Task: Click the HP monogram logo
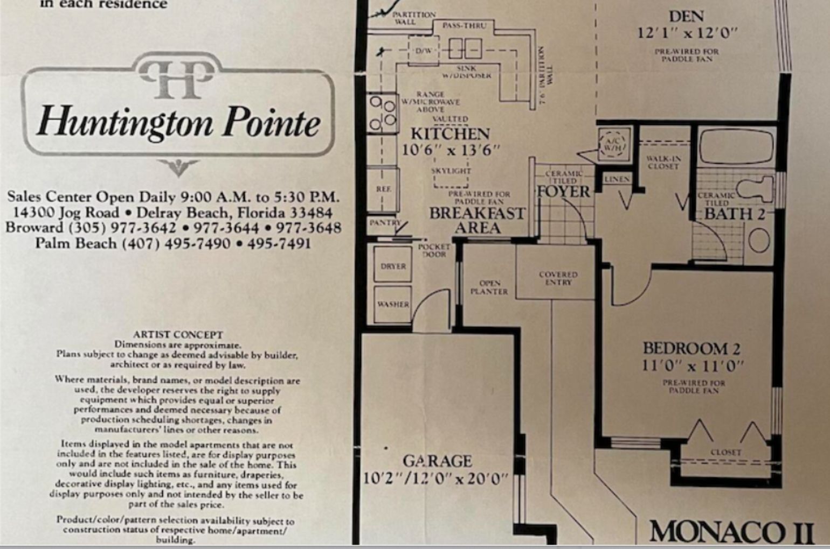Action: [177, 79]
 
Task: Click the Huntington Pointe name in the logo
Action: [178, 121]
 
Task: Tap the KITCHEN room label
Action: [450, 133]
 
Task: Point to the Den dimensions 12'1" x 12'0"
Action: [687, 33]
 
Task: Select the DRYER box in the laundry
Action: [393, 265]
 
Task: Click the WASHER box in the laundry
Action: [393, 305]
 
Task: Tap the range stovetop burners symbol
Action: [382, 113]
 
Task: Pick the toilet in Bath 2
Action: [755, 189]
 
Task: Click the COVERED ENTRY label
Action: [558, 278]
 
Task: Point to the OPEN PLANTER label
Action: [489, 287]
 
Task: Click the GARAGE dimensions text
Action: [435, 478]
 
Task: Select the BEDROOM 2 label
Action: [691, 348]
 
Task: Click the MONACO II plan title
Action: [731, 532]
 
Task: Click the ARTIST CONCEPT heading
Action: [178, 334]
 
